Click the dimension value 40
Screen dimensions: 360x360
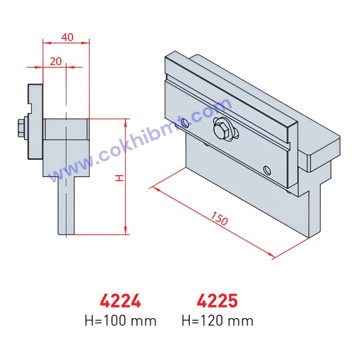pyautogui.click(x=68, y=37)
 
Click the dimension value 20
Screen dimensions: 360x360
pyautogui.click(x=56, y=61)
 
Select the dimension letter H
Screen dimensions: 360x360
pyautogui.click(x=119, y=178)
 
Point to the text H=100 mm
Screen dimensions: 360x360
pyautogui.click(x=121, y=321)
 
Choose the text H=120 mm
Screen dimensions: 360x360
pyautogui.click(x=217, y=321)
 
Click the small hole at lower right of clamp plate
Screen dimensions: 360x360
pyautogui.click(x=266, y=170)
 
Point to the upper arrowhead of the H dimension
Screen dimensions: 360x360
pyautogui.click(x=126, y=122)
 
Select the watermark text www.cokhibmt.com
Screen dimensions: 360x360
pyautogui.click(x=146, y=141)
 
